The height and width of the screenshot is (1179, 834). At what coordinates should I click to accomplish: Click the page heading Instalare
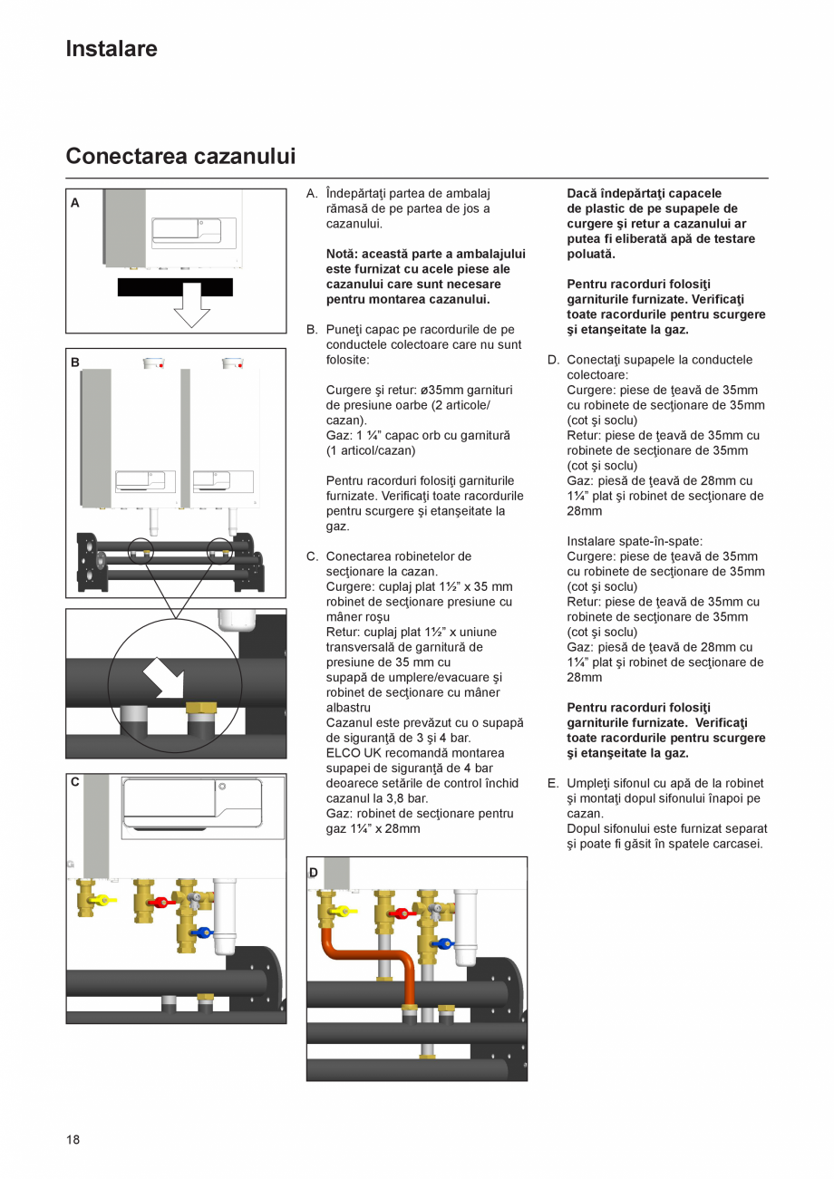[x=111, y=49]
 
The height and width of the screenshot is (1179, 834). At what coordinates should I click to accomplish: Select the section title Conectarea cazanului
[x=180, y=156]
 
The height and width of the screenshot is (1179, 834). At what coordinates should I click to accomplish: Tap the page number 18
[x=73, y=1139]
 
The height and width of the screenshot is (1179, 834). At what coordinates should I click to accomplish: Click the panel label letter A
[x=75, y=203]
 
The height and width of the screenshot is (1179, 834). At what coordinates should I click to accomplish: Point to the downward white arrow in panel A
[x=191, y=306]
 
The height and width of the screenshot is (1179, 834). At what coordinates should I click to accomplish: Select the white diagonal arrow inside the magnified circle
[x=164, y=677]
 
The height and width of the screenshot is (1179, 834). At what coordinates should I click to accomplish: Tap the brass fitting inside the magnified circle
[x=200, y=707]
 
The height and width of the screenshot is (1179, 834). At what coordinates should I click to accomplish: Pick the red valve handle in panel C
[x=163, y=902]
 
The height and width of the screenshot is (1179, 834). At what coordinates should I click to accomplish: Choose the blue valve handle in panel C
[x=204, y=932]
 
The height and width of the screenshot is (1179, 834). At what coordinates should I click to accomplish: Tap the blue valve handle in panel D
[x=443, y=943]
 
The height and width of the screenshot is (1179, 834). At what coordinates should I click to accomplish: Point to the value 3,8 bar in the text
[x=403, y=798]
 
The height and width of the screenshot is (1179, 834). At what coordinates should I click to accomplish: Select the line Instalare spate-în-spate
[x=635, y=541]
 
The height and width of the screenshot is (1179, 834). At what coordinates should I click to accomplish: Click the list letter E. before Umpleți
[x=553, y=783]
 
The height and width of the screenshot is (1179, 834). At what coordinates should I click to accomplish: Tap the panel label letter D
[x=314, y=873]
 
